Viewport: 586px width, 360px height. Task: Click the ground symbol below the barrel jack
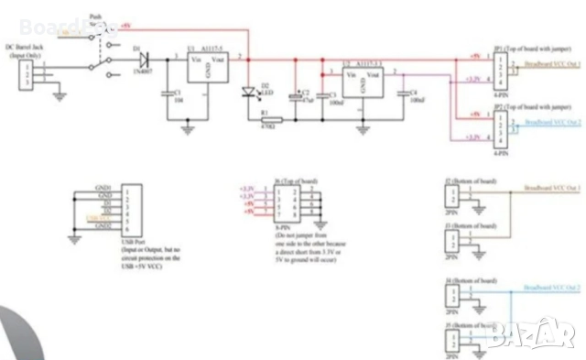pyautogui.click(x=60, y=93)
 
